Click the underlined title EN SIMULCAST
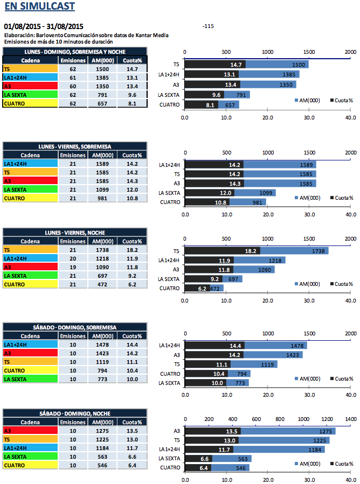click(x=39, y=7)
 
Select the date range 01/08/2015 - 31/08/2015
click(x=44, y=26)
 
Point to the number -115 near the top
click(x=209, y=26)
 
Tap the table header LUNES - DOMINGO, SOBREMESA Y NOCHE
click(x=75, y=52)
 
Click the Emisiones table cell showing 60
click(x=72, y=86)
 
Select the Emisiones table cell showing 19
click(x=72, y=267)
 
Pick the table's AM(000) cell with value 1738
click(x=102, y=250)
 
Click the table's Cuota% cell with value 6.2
click(x=131, y=284)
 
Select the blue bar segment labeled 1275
click(x=288, y=431)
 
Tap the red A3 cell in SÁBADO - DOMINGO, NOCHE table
click(x=29, y=431)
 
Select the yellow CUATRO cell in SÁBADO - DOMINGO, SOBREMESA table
click(x=29, y=370)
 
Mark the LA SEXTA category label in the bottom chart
click(x=168, y=459)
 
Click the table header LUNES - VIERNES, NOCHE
click(x=75, y=233)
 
